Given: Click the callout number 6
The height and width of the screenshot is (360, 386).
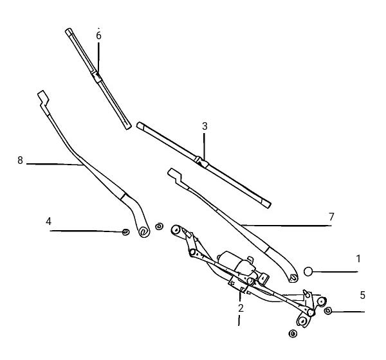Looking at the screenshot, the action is [98, 36].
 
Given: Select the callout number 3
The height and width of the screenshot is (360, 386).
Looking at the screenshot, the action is [205, 126].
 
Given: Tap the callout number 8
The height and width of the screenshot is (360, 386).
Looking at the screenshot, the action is [20, 160].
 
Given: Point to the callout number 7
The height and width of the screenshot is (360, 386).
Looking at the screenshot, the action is [331, 217].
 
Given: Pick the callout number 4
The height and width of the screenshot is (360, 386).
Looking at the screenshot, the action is [48, 221].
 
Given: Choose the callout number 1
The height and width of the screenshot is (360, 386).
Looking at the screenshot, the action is [358, 259].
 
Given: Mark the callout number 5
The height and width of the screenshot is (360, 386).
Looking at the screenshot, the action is [362, 295].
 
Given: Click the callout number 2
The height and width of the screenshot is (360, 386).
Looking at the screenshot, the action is [241, 308].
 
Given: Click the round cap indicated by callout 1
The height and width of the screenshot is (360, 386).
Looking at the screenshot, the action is [308, 272].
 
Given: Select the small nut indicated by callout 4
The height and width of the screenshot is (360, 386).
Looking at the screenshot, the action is [126, 232].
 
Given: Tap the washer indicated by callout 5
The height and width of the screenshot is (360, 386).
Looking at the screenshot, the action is [328, 310].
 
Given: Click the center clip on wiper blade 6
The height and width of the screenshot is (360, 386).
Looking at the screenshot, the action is [96, 76].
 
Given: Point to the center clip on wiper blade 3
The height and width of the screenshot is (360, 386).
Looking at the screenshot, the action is [201, 161].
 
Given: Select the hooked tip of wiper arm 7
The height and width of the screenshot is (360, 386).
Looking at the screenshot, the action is [175, 175].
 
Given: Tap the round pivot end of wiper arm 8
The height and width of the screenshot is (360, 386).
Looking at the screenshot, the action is [143, 231].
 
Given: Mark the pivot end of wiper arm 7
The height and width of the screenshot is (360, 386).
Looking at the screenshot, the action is [293, 278].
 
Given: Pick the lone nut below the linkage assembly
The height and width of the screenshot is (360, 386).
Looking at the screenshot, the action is [293, 334].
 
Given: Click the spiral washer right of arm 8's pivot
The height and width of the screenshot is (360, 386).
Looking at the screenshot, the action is [159, 226].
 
